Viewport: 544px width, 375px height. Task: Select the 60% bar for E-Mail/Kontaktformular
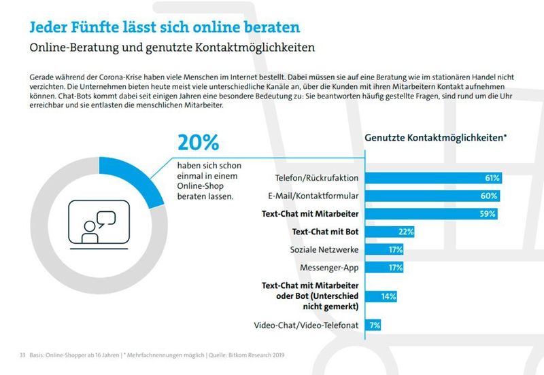(x=433, y=196)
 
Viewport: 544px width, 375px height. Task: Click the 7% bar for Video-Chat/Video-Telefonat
(x=373, y=325)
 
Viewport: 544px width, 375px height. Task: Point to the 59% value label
(x=488, y=214)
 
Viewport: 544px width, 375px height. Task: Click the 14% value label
(x=388, y=296)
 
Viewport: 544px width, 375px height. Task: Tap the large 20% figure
(x=198, y=142)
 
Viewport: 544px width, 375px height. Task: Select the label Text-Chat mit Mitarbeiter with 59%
(x=310, y=214)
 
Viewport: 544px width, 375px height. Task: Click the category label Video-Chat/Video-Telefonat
(x=306, y=325)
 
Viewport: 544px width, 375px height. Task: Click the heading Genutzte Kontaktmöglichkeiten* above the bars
(x=436, y=137)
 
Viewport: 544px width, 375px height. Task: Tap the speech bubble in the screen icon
(x=106, y=219)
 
